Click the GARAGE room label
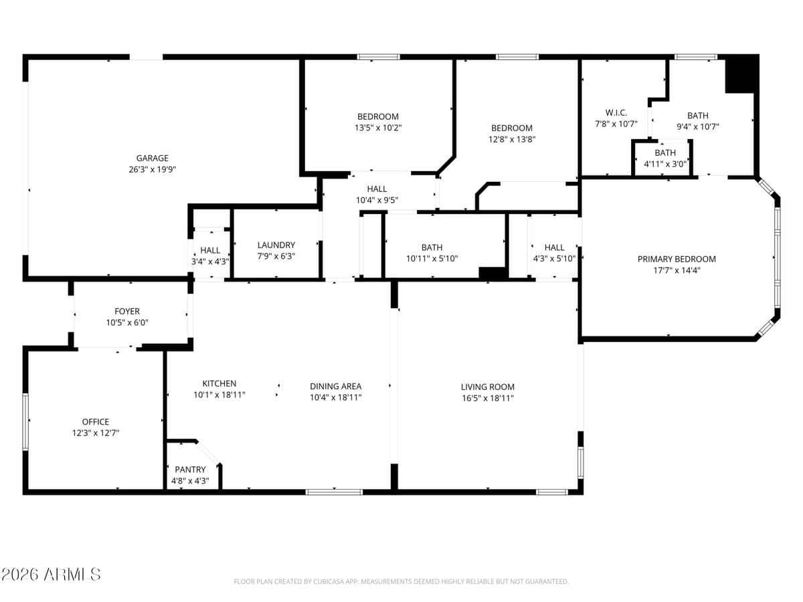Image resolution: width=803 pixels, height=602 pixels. click(152, 159)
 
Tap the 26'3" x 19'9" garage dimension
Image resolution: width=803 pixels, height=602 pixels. click(152, 169)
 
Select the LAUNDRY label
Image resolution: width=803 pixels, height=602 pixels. click(276, 245)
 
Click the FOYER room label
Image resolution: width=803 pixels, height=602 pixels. click(127, 311)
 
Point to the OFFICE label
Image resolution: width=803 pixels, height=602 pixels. click(96, 421)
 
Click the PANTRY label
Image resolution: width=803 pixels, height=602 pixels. click(190, 470)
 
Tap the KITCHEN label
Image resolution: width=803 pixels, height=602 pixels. click(219, 383)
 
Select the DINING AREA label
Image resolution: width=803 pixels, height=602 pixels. click(335, 386)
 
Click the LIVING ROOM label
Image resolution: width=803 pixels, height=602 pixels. click(487, 387)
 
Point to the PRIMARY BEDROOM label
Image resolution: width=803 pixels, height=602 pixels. click(677, 259)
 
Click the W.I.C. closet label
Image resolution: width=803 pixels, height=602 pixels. click(616, 112)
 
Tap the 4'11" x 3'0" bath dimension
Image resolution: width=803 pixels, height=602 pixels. click(665, 163)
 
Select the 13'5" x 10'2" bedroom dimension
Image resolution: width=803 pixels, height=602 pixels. click(377, 127)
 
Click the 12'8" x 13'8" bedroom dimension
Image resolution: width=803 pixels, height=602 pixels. click(512, 139)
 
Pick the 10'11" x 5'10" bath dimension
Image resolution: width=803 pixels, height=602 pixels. click(432, 258)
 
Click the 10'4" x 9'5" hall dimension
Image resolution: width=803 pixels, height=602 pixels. click(377, 200)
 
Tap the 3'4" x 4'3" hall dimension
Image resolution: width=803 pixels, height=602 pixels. click(210, 262)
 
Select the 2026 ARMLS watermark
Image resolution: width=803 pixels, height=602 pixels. click(51, 574)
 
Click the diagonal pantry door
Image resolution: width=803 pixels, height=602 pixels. click(209, 453)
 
